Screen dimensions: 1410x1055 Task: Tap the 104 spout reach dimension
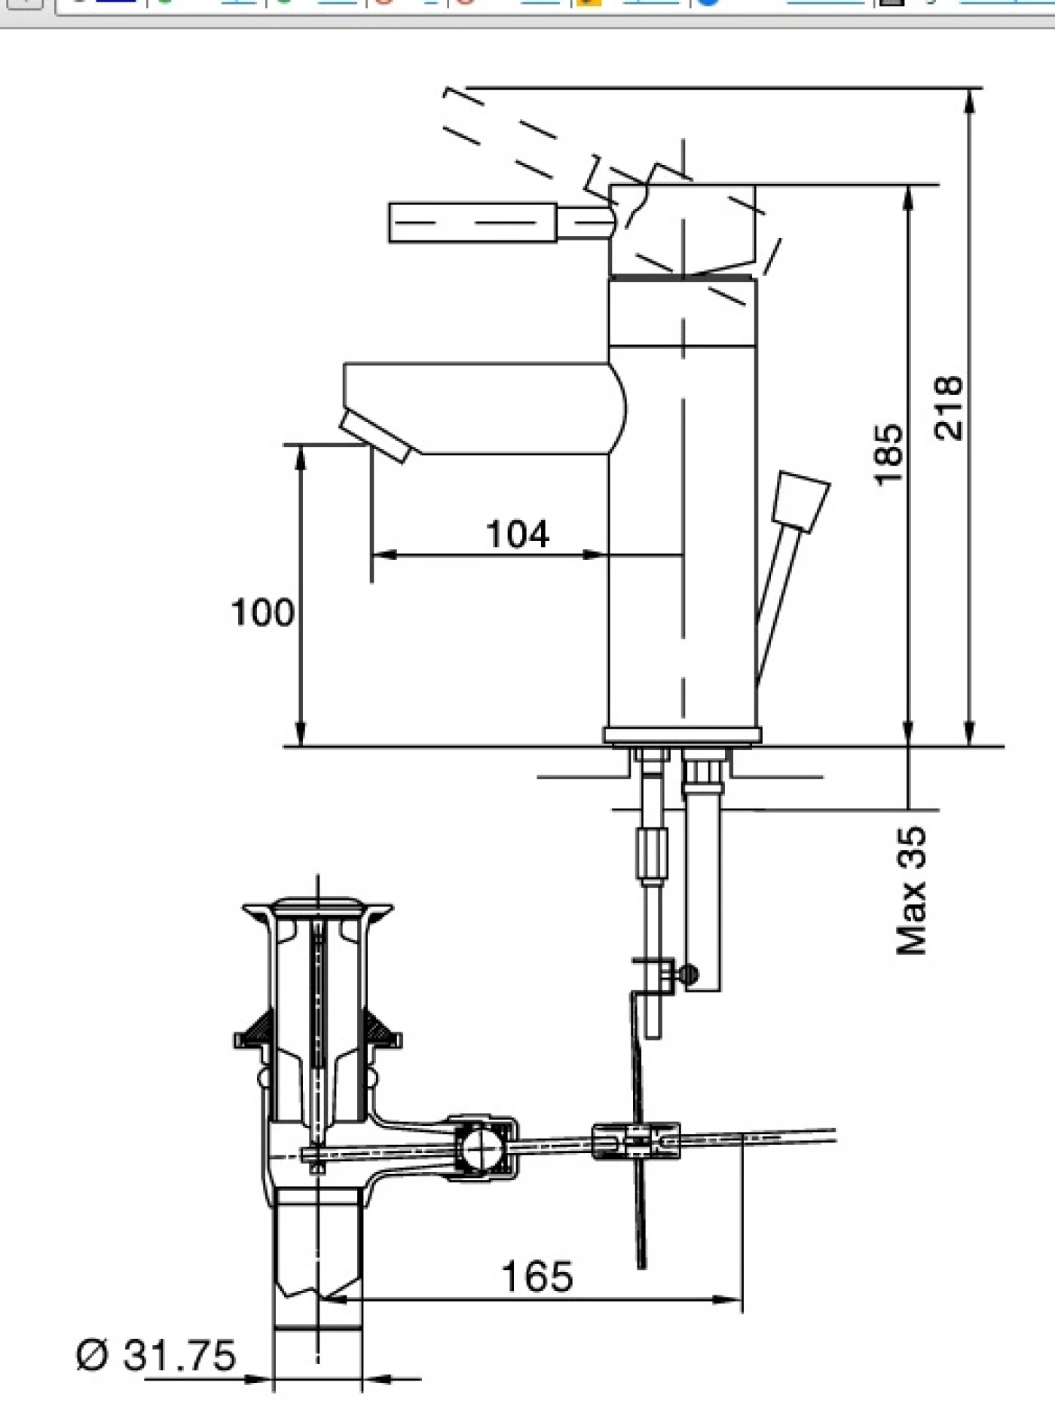[x=518, y=534]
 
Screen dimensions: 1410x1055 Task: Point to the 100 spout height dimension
[x=261, y=612]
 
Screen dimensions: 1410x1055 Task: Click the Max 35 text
[x=912, y=891]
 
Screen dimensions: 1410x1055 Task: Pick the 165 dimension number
[x=537, y=1277]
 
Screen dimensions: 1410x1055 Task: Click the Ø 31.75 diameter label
[x=156, y=1355]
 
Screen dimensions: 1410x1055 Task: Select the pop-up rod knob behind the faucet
[x=801, y=502]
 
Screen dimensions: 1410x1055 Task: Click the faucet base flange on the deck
[x=682, y=735]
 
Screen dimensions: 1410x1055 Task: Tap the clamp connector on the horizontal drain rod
[x=636, y=1140]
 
